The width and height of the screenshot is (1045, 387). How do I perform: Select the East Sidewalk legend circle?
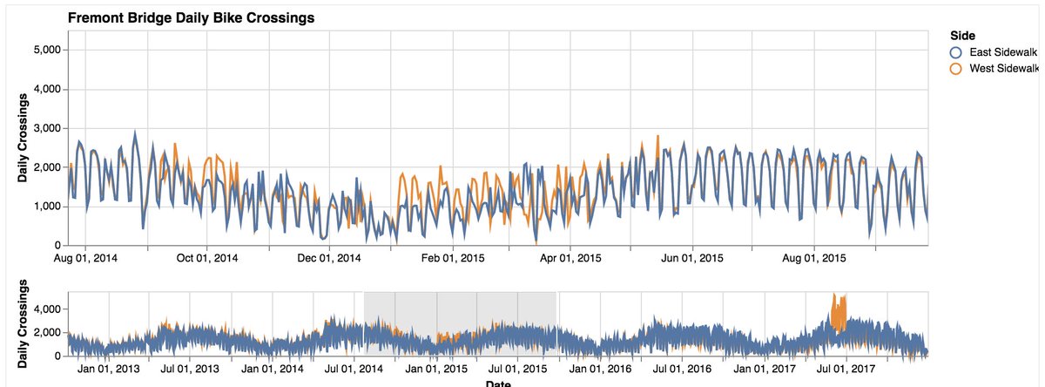(954, 52)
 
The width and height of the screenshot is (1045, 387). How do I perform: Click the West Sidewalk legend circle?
(954, 68)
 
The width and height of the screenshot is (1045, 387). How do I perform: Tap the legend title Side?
(961, 35)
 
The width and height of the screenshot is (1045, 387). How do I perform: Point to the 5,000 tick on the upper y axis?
(43, 50)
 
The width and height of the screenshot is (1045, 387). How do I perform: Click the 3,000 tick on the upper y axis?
(43, 128)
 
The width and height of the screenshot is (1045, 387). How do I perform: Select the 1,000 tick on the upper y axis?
(43, 207)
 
